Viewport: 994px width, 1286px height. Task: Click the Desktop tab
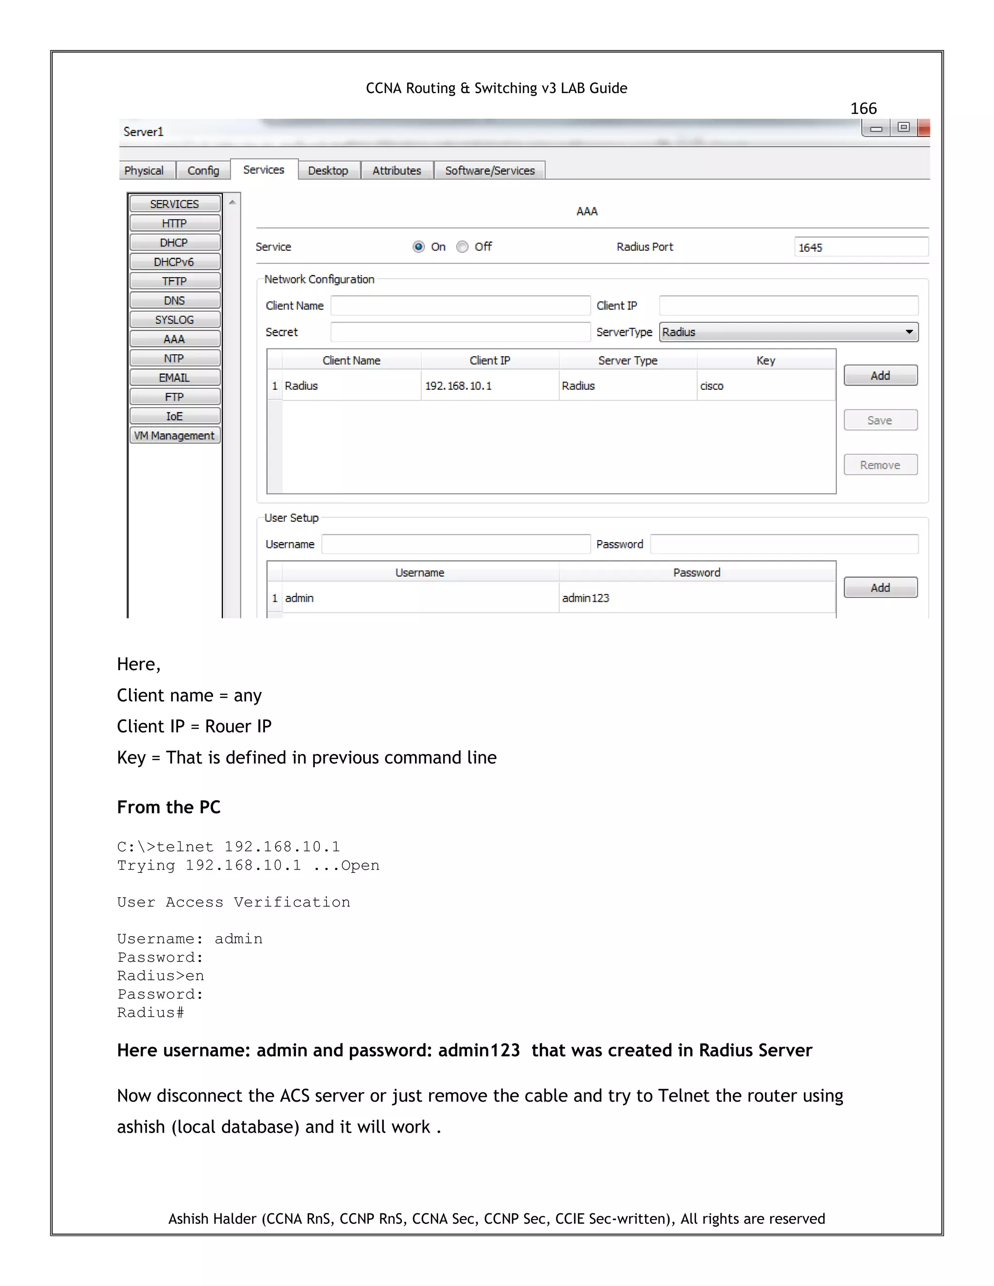328,170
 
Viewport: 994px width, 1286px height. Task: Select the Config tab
203,170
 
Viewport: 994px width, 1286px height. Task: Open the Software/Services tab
489,170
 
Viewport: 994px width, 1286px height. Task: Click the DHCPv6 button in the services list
174,262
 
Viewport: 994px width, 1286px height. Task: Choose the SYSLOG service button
174,319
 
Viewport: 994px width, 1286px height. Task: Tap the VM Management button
174,435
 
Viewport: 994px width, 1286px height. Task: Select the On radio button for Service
419,247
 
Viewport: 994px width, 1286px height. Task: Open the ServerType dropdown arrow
909,332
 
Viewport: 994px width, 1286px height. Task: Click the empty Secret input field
460,332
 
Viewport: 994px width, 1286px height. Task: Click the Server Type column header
628,361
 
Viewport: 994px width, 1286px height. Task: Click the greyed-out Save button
880,420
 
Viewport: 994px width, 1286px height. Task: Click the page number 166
863,108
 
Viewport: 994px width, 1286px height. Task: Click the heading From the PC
169,807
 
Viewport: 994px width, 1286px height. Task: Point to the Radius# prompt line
151,1012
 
